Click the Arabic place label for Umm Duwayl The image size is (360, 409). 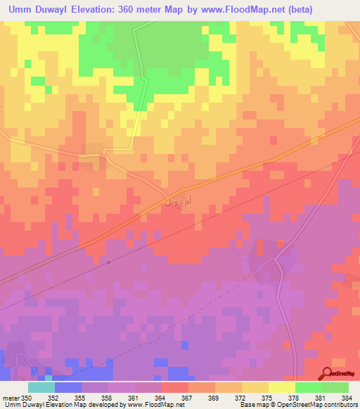[x=177, y=202]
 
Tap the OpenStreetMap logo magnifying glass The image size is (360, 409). [x=328, y=373]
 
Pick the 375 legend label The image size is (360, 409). [x=241, y=397]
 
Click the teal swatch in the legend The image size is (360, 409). [x=41, y=387]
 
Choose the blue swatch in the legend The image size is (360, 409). [x=67, y=387]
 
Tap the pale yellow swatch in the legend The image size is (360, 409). [x=281, y=387]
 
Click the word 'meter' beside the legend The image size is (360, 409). [x=10, y=397]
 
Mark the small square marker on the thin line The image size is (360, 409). [x=109, y=262]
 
